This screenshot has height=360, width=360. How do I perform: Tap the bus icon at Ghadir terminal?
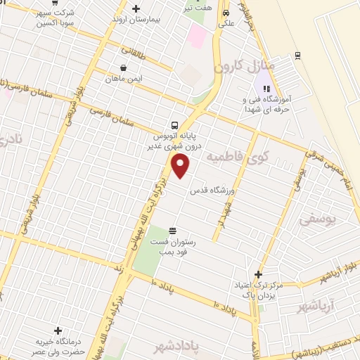point(174,125)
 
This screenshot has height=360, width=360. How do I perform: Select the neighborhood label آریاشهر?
point(317,306)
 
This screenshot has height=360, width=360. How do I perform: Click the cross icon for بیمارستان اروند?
point(136,9)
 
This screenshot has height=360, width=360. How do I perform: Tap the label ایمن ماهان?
point(125,79)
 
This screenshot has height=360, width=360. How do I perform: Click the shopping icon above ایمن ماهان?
point(124,68)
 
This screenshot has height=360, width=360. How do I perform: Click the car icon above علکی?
point(226,13)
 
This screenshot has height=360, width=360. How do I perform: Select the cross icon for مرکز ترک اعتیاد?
point(258,275)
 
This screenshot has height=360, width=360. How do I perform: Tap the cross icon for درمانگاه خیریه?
point(58,330)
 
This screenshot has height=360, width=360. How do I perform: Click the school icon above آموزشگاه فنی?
point(266,89)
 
